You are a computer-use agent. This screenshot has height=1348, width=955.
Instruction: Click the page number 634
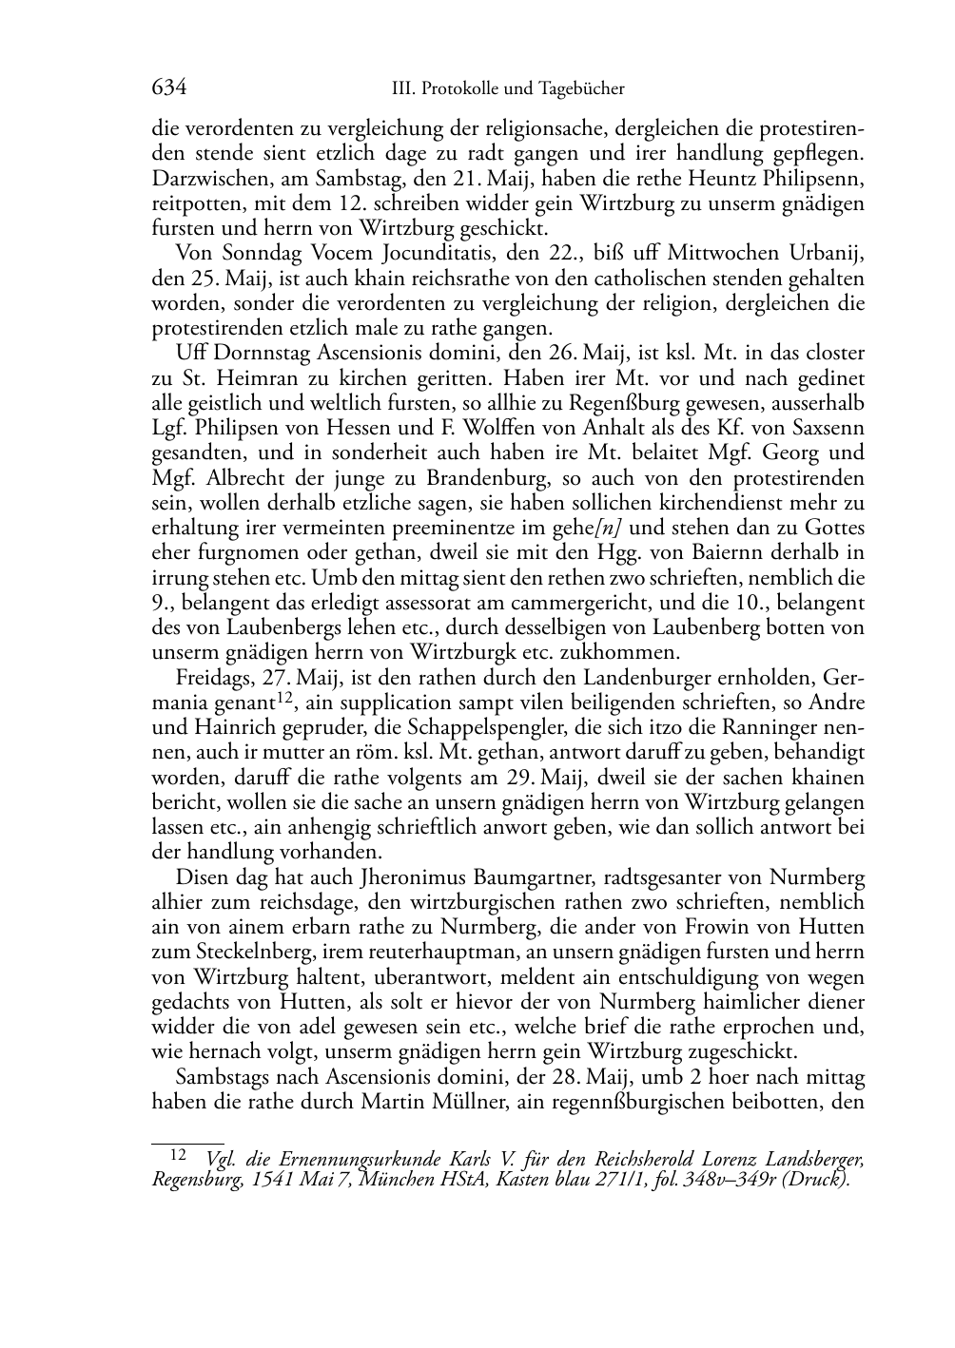(x=168, y=88)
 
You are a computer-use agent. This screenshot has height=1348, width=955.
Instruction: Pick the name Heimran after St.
(x=239, y=378)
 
